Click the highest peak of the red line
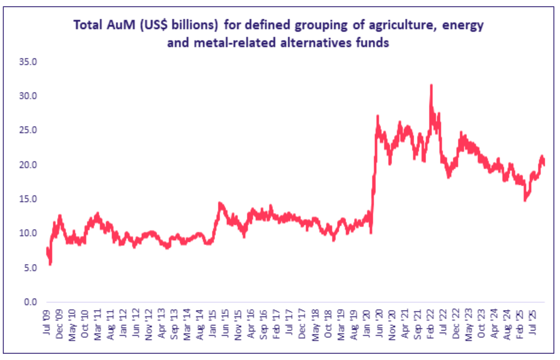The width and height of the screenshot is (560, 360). [x=431, y=85]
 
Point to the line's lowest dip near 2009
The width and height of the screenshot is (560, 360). [x=50, y=263]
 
